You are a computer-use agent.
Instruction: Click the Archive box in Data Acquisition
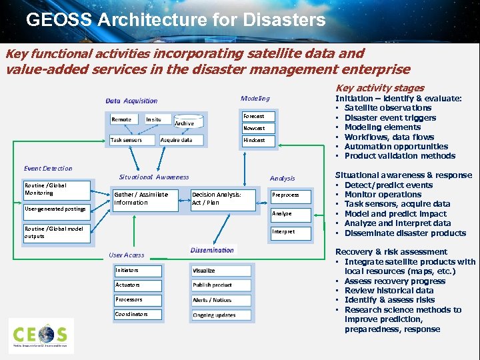pyautogui.click(x=185, y=123)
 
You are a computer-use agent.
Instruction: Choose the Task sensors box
pyautogui.click(x=133, y=140)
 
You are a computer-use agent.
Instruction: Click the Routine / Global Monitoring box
pyautogui.click(x=55, y=190)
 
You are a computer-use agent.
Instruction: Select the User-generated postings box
pyautogui.click(x=55, y=209)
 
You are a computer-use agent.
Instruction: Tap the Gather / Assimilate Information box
pyautogui.click(x=145, y=199)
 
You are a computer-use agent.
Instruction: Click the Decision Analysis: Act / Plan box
pyautogui.click(x=223, y=199)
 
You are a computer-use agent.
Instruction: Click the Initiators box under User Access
pyautogui.click(x=137, y=271)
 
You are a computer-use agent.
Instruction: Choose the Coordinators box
pyautogui.click(x=137, y=314)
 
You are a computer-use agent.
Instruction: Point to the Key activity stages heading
pyautogui.click(x=380, y=88)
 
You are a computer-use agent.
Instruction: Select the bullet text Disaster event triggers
pyautogui.click(x=390, y=118)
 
